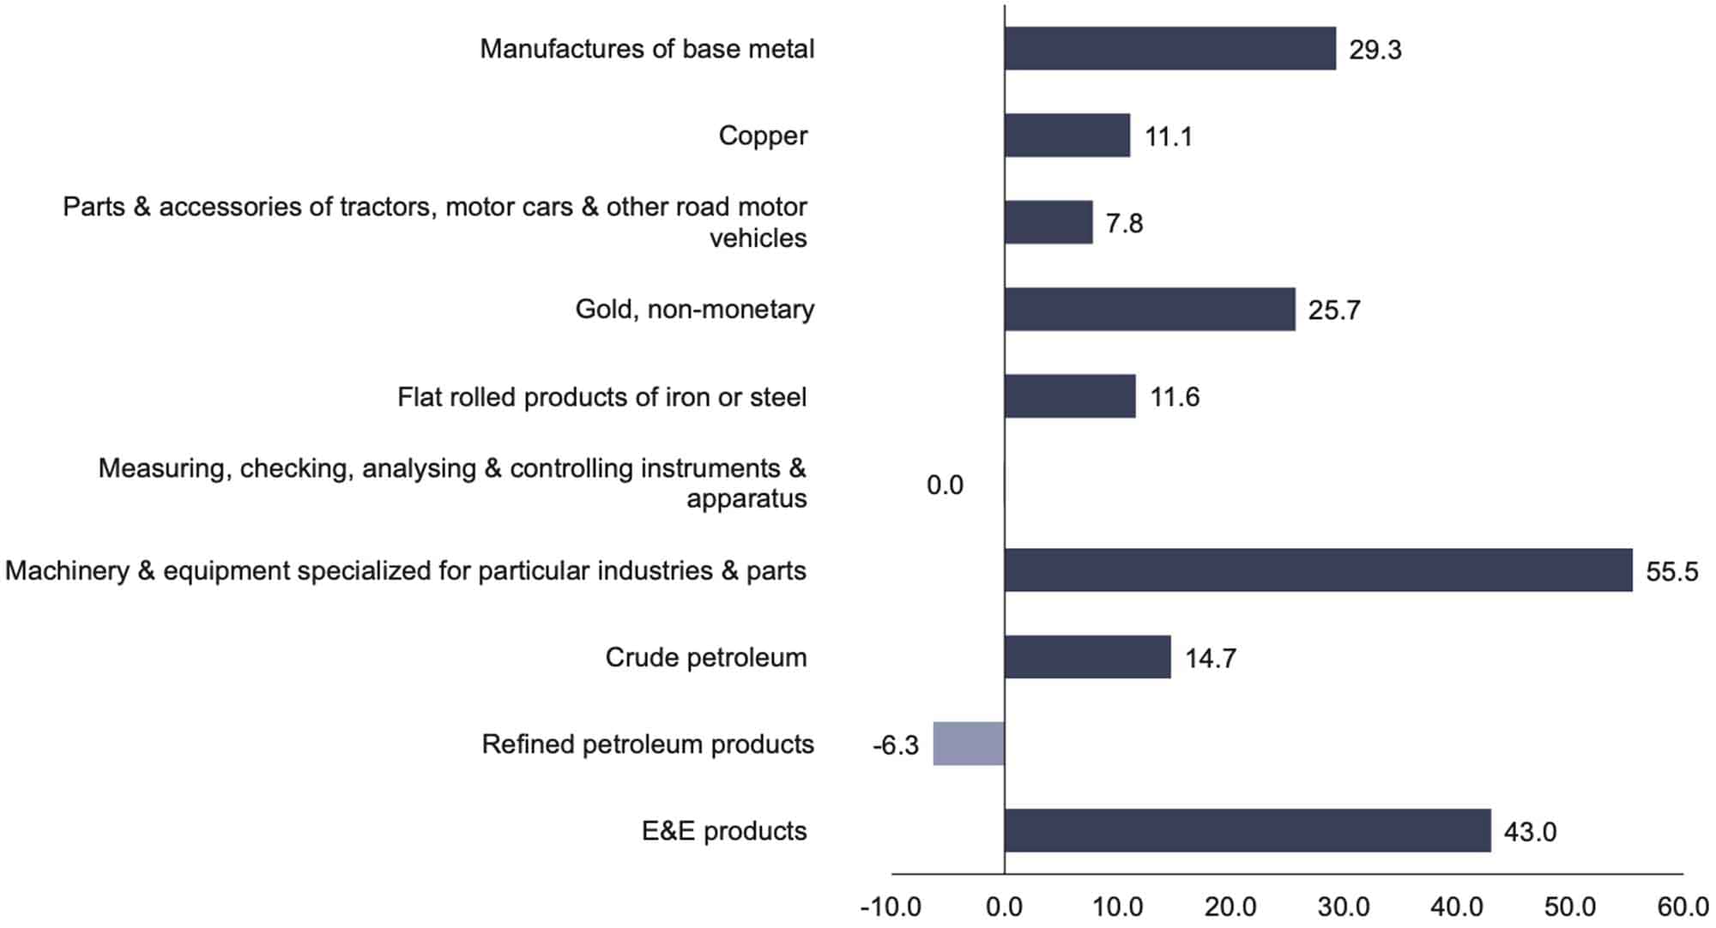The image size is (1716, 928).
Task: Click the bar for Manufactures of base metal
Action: click(1169, 48)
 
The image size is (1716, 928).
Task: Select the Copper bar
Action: click(1066, 136)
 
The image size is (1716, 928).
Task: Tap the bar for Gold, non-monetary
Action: click(1149, 309)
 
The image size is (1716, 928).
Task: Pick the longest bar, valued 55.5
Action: click(1318, 570)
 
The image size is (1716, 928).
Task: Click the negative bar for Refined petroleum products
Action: click(968, 744)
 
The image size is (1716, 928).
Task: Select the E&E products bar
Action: click(1247, 830)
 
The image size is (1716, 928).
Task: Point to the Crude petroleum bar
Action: click(1087, 657)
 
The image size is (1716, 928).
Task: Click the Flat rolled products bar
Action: click(1069, 396)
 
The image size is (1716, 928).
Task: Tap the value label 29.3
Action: click(1375, 50)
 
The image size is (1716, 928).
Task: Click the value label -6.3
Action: click(895, 745)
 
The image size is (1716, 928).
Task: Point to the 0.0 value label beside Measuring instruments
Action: click(945, 485)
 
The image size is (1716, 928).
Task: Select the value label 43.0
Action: click(1530, 832)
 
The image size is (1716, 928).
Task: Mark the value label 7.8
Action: click(1124, 223)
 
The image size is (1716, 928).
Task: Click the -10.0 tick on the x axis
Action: click(891, 907)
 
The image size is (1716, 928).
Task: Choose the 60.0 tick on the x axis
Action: click(1683, 907)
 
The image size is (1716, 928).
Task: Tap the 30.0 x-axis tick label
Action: click(1344, 907)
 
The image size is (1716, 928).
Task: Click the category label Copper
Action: click(763, 136)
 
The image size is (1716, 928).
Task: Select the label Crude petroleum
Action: click(705, 657)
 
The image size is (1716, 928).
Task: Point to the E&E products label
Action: click(724, 830)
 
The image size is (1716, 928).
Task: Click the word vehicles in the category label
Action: click(758, 238)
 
